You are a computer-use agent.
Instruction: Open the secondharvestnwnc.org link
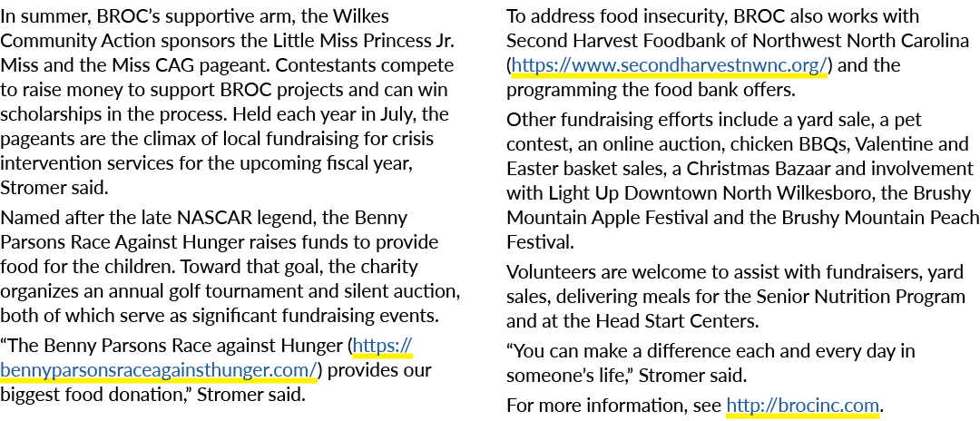[669, 65]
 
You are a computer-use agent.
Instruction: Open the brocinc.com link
[802, 406]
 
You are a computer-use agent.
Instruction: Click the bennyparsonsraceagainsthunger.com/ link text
[158, 370]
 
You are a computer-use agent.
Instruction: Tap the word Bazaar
[810, 169]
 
